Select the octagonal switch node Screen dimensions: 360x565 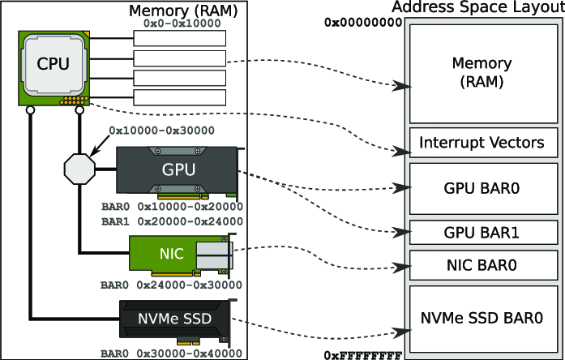click(79, 169)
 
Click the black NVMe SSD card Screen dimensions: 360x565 click(177, 321)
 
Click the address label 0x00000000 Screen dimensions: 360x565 click(363, 23)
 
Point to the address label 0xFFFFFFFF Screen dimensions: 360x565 click(363, 355)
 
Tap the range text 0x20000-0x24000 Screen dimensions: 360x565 click(190, 221)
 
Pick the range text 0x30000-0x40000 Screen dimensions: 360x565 click(190, 354)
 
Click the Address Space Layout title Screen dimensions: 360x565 click(477, 8)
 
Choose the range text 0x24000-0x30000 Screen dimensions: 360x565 click(190, 285)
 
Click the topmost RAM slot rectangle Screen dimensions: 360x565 click(178, 39)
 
